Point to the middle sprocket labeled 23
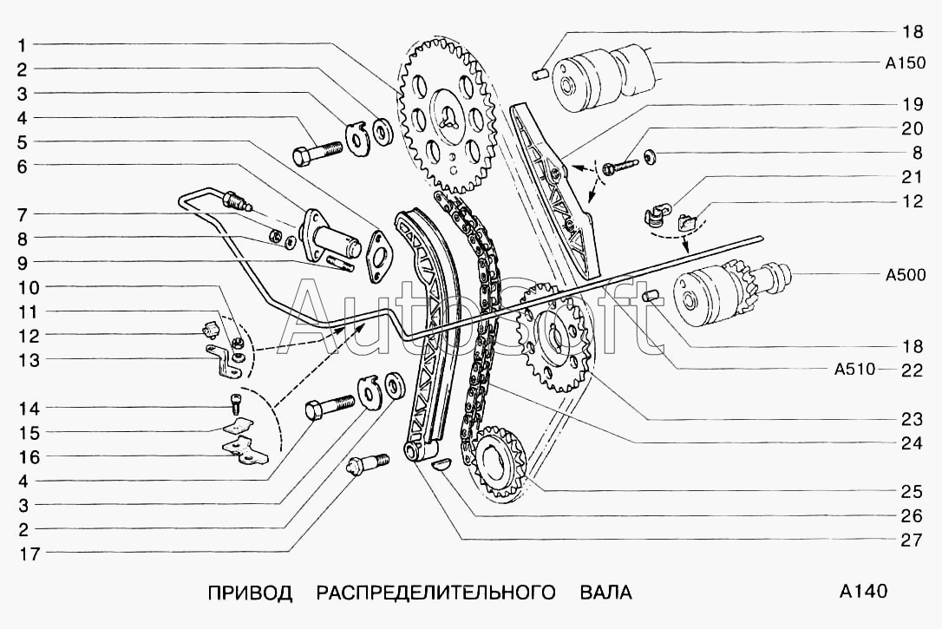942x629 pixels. (x=553, y=341)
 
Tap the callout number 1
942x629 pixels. (x=23, y=44)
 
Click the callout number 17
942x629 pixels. (x=29, y=553)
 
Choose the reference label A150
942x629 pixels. (x=906, y=62)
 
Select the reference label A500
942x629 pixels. (x=906, y=276)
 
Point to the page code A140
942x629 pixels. (x=864, y=593)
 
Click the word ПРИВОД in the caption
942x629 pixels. (x=250, y=593)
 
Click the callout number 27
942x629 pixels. (x=910, y=540)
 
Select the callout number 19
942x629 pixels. (x=911, y=105)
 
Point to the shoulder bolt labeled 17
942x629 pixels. (x=364, y=465)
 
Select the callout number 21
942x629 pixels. (x=911, y=178)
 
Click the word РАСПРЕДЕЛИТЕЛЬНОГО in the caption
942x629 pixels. (x=435, y=593)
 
